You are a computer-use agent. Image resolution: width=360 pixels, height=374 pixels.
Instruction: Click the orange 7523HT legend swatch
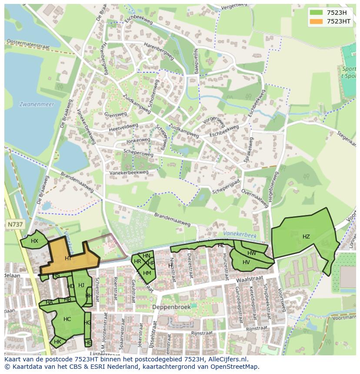tap(316, 21)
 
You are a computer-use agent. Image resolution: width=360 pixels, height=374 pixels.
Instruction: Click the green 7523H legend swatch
tap(316, 12)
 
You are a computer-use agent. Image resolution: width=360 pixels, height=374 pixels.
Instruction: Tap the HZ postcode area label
tap(306, 237)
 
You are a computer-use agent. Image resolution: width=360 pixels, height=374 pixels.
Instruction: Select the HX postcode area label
tap(34, 241)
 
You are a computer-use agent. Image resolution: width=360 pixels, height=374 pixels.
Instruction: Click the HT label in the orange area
tap(68, 258)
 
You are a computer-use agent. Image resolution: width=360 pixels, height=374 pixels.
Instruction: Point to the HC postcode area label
tap(67, 319)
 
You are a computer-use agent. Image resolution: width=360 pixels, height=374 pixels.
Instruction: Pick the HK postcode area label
tap(57, 342)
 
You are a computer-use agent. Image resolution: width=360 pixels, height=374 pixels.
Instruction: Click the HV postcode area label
tap(246, 262)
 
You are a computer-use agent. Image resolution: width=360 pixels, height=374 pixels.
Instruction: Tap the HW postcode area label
tap(252, 253)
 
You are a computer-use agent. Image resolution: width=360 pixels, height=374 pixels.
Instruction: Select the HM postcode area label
tap(147, 273)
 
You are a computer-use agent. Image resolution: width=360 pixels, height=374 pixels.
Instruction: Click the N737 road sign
tap(16, 224)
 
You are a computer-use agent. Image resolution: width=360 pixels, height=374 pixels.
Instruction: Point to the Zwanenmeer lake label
tap(33, 105)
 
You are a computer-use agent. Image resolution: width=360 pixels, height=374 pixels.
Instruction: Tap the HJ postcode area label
tap(81, 285)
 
